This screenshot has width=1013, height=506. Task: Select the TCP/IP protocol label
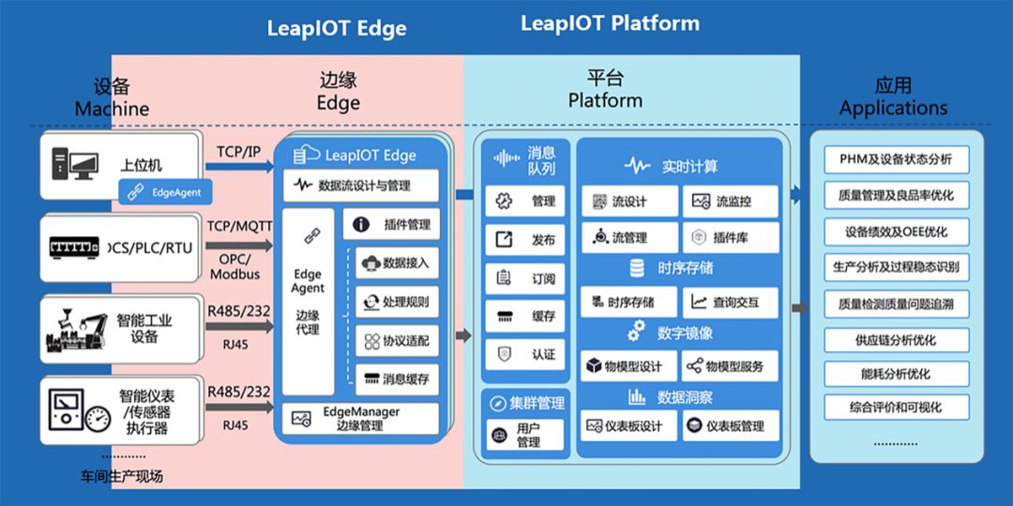point(239,151)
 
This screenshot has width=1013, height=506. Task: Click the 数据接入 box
point(397,263)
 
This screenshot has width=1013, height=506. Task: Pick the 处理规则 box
point(397,302)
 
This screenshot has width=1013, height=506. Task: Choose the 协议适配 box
point(397,341)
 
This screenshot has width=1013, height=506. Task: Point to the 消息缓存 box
point(397,379)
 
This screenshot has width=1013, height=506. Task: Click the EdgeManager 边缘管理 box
point(361,418)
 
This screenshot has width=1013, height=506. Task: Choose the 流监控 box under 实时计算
point(731,201)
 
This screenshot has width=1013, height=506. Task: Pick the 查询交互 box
point(731,302)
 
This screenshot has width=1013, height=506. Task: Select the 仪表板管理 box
point(731,426)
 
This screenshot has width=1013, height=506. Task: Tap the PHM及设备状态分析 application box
point(896,159)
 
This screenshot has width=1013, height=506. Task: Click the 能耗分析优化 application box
point(896,373)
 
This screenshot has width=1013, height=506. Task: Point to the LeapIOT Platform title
point(610,23)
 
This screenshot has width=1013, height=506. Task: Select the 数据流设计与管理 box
point(361,186)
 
